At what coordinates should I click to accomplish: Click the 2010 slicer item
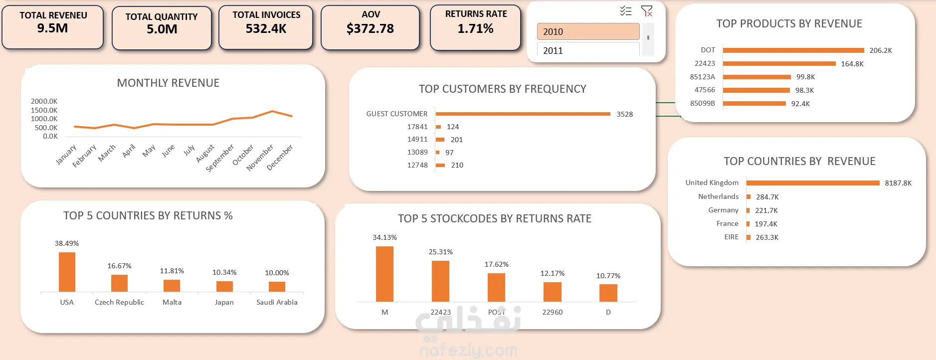pyautogui.click(x=588, y=31)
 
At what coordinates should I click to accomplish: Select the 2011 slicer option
pyautogui.click(x=588, y=50)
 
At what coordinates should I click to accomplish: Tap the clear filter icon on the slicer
pyautogui.click(x=647, y=11)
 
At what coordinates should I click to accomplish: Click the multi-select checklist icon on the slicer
pyautogui.click(x=626, y=11)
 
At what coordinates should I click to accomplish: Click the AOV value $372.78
pyautogui.click(x=370, y=29)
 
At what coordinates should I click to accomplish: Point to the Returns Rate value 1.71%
pyautogui.click(x=475, y=29)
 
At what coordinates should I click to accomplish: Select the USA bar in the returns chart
pyautogui.click(x=67, y=272)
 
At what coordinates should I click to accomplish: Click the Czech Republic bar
pyautogui.click(x=119, y=283)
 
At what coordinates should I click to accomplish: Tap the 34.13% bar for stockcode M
pyautogui.click(x=384, y=274)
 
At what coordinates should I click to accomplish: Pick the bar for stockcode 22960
pyautogui.click(x=553, y=292)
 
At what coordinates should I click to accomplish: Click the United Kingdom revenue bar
pyautogui.click(x=813, y=183)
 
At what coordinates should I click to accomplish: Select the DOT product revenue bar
pyautogui.click(x=793, y=50)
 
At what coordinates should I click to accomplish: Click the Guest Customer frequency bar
pyautogui.click(x=523, y=114)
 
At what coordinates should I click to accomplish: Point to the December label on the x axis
pyautogui.click(x=280, y=158)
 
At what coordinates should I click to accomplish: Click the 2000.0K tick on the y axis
pyautogui.click(x=44, y=101)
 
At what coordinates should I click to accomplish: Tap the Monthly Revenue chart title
pyautogui.click(x=168, y=83)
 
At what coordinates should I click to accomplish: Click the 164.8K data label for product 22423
pyautogui.click(x=852, y=64)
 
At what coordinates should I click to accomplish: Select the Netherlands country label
pyautogui.click(x=718, y=196)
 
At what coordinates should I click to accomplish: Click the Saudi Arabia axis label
pyautogui.click(x=277, y=302)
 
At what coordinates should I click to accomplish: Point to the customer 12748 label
pyautogui.click(x=417, y=165)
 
